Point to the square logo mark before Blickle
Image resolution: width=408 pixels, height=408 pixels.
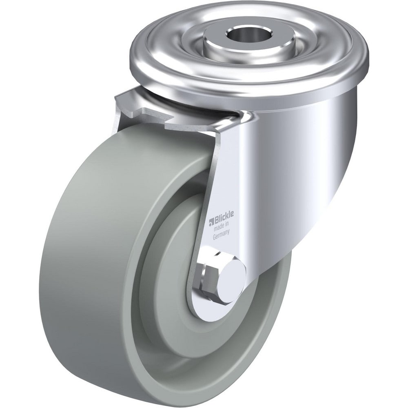click(x=211, y=222)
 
